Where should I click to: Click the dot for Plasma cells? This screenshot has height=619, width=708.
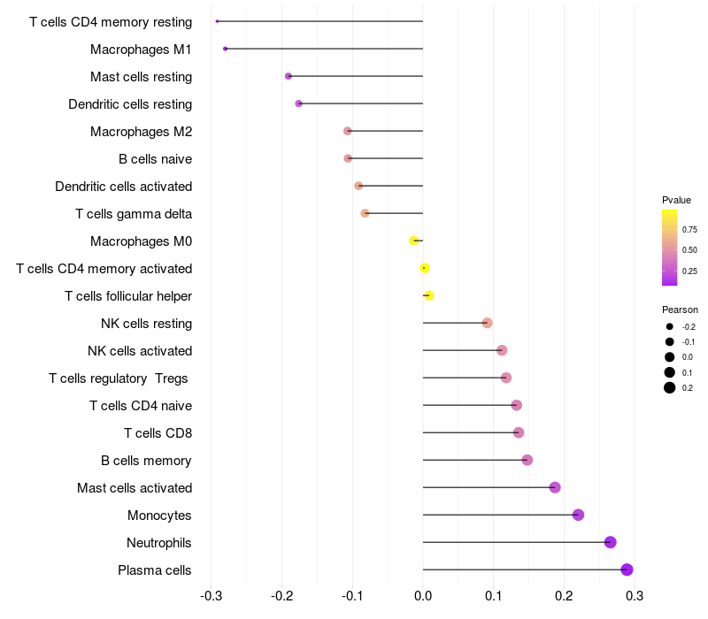[x=627, y=569]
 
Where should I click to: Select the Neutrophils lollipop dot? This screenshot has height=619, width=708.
[x=610, y=542]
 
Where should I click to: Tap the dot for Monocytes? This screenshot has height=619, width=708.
[x=578, y=515]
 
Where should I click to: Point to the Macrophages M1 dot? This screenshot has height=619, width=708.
[x=226, y=49]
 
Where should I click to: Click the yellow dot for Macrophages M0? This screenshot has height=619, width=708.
[x=413, y=241]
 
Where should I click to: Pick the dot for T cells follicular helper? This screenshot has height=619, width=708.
[x=429, y=295]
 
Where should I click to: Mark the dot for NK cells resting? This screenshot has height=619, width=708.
[x=487, y=323]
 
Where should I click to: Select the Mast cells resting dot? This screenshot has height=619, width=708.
[x=289, y=76]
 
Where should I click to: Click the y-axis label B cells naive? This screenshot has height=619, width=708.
[x=155, y=159]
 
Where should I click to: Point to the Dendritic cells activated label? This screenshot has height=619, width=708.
[x=123, y=187]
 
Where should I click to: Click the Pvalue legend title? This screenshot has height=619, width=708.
[x=676, y=200]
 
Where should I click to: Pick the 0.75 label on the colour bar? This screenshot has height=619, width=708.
[x=689, y=230]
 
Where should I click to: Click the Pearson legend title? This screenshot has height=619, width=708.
[x=680, y=310]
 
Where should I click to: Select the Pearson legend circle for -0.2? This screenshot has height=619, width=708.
[x=670, y=327]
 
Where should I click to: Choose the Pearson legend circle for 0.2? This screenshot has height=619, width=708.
[x=670, y=387]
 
